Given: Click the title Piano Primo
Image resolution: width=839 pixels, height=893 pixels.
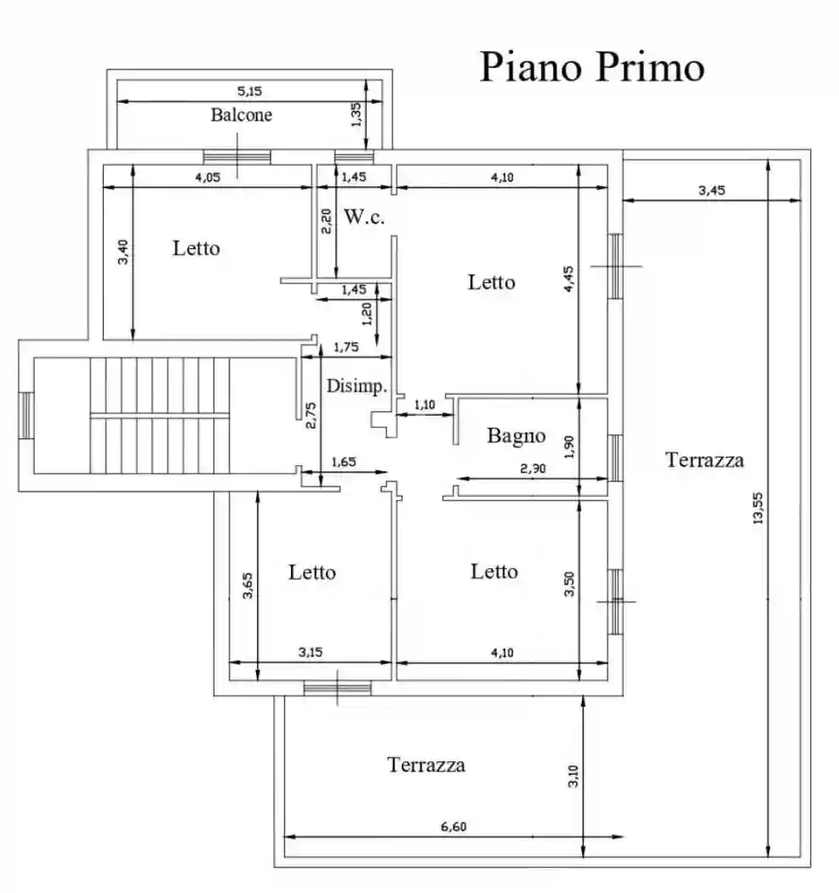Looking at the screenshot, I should tap(591, 67).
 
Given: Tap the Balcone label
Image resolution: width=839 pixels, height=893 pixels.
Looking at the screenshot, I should tap(242, 115).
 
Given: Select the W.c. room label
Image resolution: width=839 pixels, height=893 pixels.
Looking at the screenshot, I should tap(364, 217).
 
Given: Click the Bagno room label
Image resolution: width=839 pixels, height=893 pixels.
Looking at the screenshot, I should tap(516, 436).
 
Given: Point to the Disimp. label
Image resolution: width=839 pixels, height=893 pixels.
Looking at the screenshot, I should tap(357, 385).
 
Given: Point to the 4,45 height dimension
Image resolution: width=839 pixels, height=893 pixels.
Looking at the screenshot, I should tap(568, 277).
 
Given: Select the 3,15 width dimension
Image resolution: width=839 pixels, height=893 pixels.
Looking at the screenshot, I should tap(311, 652).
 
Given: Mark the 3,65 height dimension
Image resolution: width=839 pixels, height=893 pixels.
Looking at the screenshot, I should tap(247, 587).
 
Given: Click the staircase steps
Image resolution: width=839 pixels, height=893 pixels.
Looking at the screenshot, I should tap(160, 414).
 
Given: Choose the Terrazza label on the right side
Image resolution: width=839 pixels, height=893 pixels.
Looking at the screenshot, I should tap(705, 460).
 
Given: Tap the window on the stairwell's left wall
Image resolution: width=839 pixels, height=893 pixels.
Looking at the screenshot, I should tap(26, 414).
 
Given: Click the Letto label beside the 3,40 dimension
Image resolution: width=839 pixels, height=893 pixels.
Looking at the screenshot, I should tap(196, 248).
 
